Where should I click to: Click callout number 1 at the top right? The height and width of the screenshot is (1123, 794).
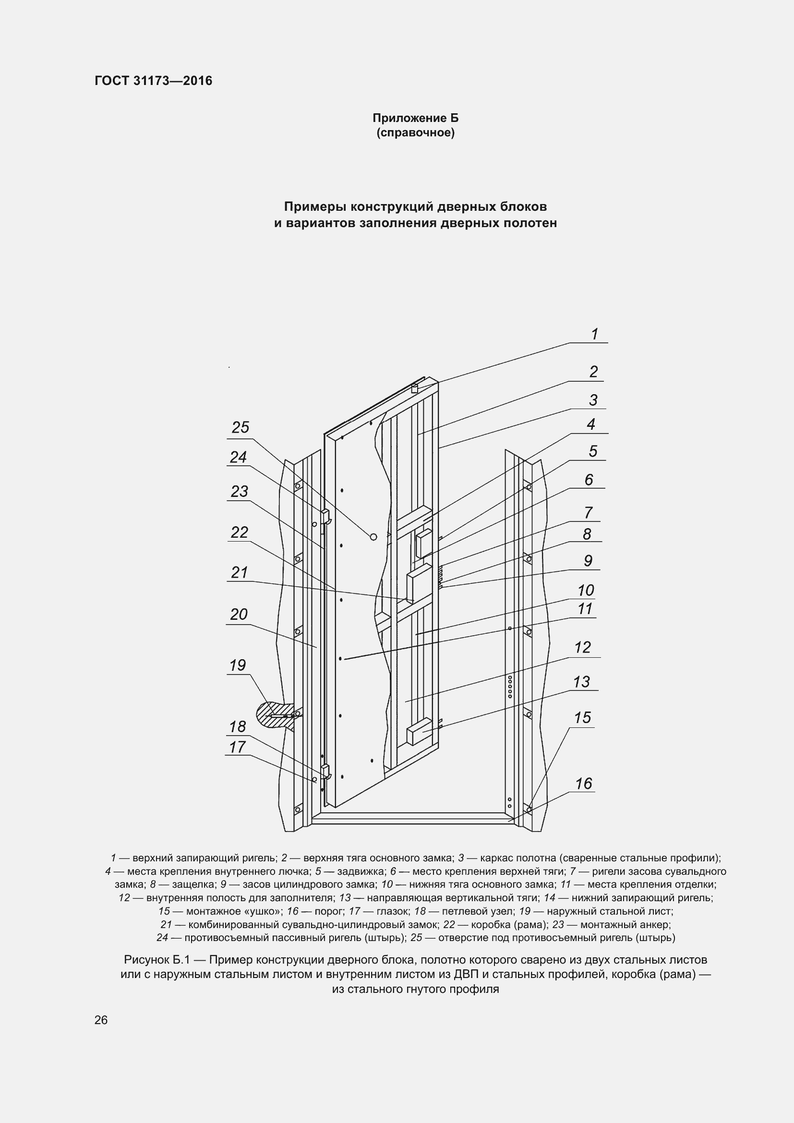click(x=594, y=334)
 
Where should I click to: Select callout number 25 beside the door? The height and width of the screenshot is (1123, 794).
click(x=241, y=427)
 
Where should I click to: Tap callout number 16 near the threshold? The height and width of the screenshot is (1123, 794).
click(x=584, y=784)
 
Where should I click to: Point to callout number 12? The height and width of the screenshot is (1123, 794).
click(x=582, y=647)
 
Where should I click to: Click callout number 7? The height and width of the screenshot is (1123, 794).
click(x=589, y=512)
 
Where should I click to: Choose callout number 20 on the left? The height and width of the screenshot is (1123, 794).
click(x=239, y=615)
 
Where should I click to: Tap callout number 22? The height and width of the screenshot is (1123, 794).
click(x=240, y=532)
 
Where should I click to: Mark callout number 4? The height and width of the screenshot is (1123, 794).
click(x=591, y=424)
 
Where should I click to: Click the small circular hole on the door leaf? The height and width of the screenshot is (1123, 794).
click(x=373, y=537)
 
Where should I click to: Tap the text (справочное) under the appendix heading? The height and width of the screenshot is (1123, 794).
click(x=416, y=133)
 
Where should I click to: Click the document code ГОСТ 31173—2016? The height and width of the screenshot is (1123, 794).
click(x=154, y=81)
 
